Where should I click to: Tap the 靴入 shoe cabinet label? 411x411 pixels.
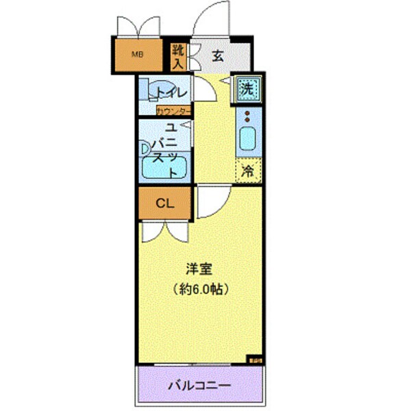177,56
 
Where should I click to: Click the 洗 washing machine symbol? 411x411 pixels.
247,88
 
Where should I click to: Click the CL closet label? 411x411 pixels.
163,203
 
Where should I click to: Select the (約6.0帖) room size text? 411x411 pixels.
199,288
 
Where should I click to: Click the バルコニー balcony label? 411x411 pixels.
200,385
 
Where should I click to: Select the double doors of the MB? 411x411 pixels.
137,26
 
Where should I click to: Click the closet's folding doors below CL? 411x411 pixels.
164,230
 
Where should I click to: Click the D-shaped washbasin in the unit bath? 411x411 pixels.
145,147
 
